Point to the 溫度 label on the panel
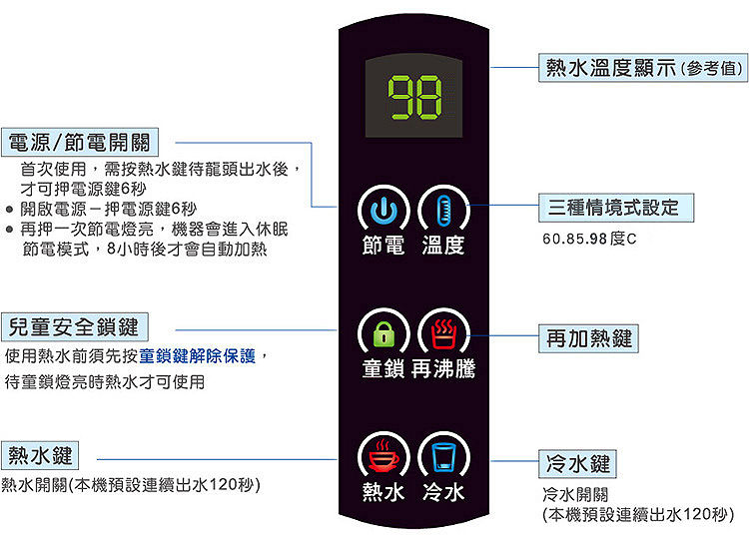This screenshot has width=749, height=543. point(443,245)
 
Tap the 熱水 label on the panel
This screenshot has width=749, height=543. point(383,492)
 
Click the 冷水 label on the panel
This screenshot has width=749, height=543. point(443,492)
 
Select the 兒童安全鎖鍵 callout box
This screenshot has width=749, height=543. point(75,325)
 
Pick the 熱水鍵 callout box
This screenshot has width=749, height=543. point(41,456)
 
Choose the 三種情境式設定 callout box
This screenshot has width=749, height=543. point(613,208)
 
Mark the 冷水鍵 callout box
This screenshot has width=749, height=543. point(577,464)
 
